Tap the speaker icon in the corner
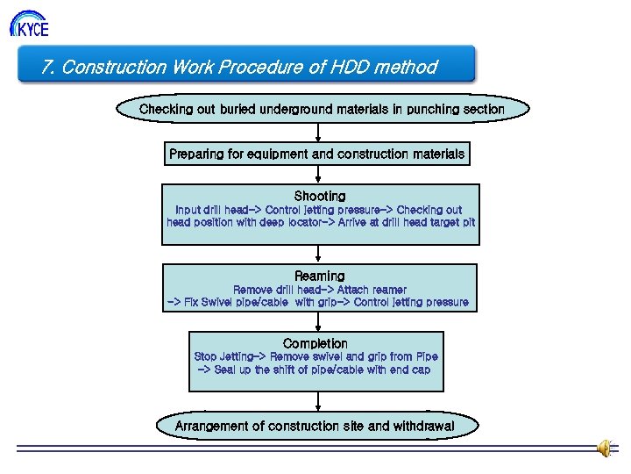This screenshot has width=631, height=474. (x=606, y=449)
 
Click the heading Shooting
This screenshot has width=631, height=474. (x=320, y=196)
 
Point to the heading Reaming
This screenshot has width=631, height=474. (x=320, y=276)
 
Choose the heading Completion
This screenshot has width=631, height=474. (x=315, y=343)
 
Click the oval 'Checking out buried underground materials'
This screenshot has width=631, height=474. (x=322, y=110)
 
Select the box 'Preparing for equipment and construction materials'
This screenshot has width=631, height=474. (x=316, y=154)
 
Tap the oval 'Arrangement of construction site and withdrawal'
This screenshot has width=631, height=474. (x=315, y=426)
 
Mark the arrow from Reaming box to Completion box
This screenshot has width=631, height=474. (x=318, y=321)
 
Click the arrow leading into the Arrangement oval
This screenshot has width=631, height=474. (x=318, y=401)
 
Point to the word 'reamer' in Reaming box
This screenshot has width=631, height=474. (x=387, y=290)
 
